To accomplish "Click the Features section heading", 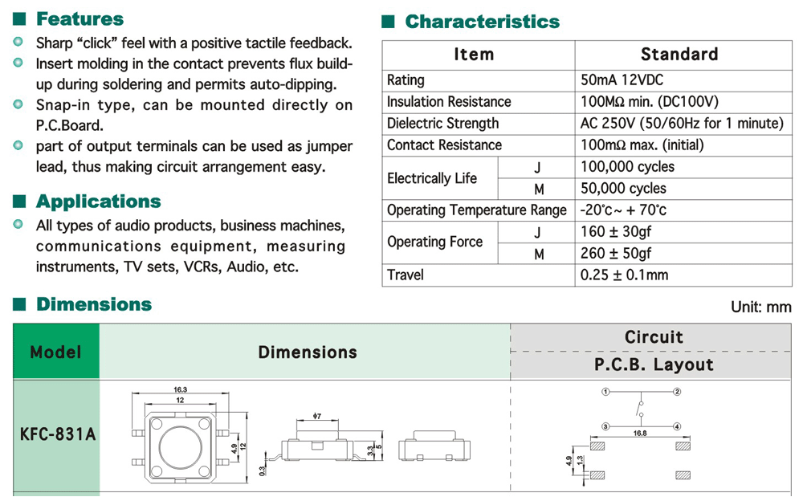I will tap(79, 19).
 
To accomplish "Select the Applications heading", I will tap(98, 202).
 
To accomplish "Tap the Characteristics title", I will tap(482, 22).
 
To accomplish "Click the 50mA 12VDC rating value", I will tap(622, 80).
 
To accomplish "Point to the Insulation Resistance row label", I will tap(449, 102).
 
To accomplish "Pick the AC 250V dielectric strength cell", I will tap(681, 124).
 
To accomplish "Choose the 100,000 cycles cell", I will tap(627, 167).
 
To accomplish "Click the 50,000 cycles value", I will tap(623, 189).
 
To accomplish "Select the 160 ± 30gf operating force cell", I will tap(616, 232).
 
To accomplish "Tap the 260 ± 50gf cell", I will tap(616, 254).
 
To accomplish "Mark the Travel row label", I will tap(406, 275).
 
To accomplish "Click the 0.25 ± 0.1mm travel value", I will tap(624, 275).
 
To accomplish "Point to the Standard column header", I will tap(679, 55).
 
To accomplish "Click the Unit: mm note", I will tap(760, 307).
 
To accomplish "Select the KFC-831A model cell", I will tap(57, 434).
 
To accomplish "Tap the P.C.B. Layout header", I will tap(654, 365).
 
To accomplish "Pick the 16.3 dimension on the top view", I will tap(181, 389).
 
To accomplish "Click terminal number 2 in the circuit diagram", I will tap(678, 392).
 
